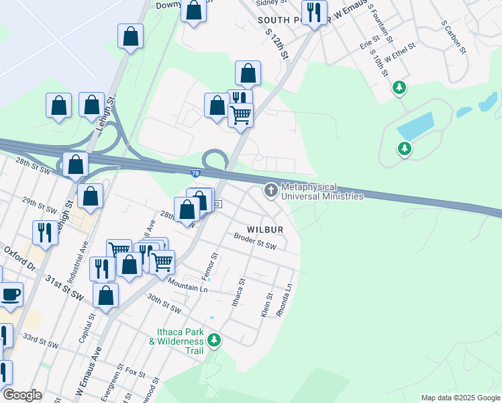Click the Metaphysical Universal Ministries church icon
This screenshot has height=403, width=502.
tap(271, 191)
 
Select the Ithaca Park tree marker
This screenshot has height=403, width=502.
tap(214, 340)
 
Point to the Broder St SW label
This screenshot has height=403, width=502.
tap(255, 242)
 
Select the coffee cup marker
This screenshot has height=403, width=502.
tap(11, 294)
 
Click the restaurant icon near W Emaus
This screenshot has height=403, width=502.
tap(314, 11)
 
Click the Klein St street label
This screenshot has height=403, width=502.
tap(266, 305)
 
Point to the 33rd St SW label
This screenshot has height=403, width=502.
tap(40, 340)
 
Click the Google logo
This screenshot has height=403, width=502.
tap(22, 396)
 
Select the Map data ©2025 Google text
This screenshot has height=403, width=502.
tap(460, 398)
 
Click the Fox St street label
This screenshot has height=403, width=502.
tap(136, 372)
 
